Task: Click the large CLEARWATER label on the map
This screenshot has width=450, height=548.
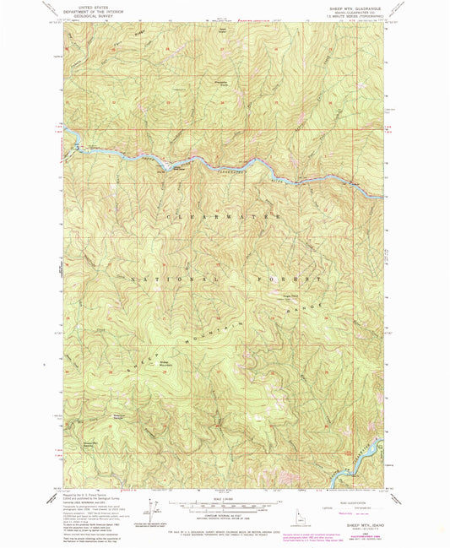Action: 224,217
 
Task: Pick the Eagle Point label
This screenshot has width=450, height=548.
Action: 290,296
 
